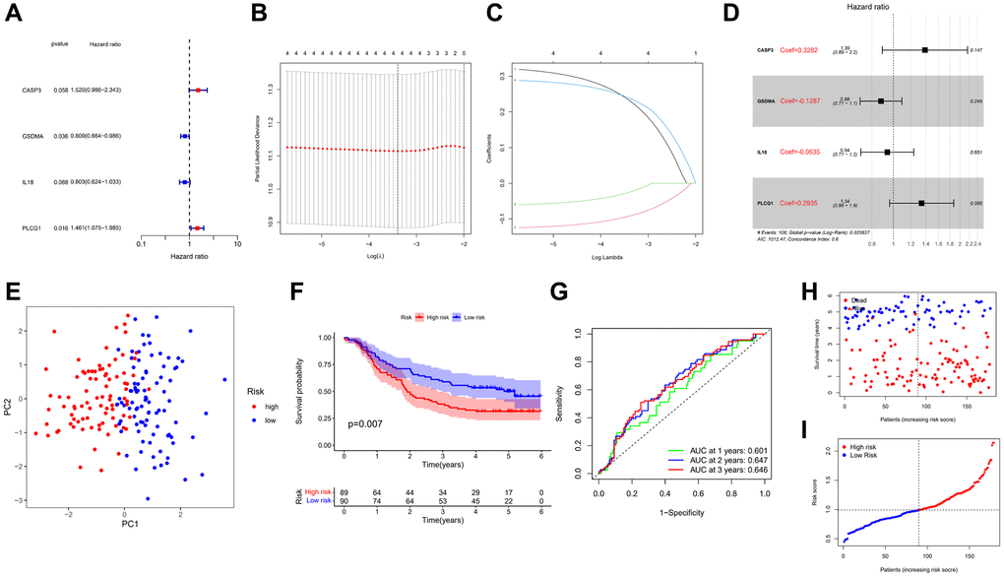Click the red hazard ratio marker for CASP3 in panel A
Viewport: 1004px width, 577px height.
pos(198,90)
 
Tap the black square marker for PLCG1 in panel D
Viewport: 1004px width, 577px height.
pos(921,203)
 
